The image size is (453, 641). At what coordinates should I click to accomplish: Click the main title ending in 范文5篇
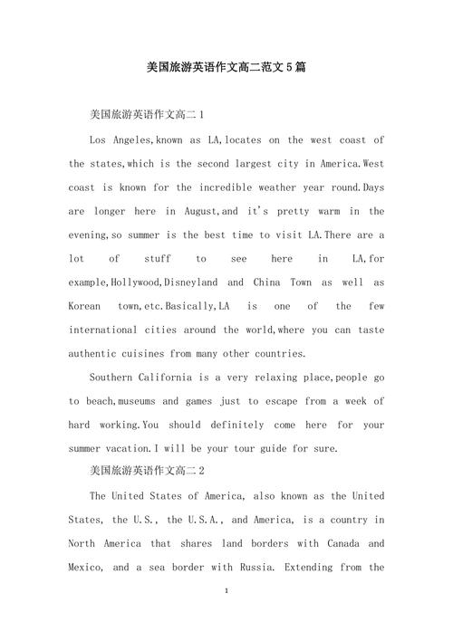pos(226,68)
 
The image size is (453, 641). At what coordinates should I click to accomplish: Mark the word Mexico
pos(87,567)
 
